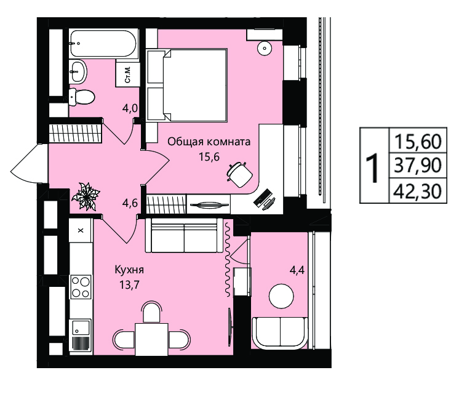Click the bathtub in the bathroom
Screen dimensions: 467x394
point(103,44)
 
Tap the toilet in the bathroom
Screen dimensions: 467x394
point(82,97)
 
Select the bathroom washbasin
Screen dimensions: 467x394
point(78,71)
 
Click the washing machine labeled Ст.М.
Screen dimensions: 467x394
point(128,74)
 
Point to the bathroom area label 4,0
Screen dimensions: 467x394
point(130,108)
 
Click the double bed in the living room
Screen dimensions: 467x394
point(187,85)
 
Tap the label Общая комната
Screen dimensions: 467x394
point(209,142)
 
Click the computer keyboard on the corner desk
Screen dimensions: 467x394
point(261,197)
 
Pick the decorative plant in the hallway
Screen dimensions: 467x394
point(86,196)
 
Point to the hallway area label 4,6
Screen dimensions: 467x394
point(130,203)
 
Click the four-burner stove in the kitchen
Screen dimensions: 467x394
point(81,287)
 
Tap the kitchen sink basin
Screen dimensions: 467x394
point(81,328)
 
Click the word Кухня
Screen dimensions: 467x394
point(129,270)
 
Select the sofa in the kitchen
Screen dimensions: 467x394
point(184,235)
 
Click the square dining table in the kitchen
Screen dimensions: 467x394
point(151,339)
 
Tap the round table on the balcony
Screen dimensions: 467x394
point(281,296)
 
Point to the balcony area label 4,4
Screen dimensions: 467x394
point(297,271)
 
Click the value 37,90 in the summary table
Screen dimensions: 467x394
point(418,166)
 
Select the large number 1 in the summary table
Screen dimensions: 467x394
point(373,168)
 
